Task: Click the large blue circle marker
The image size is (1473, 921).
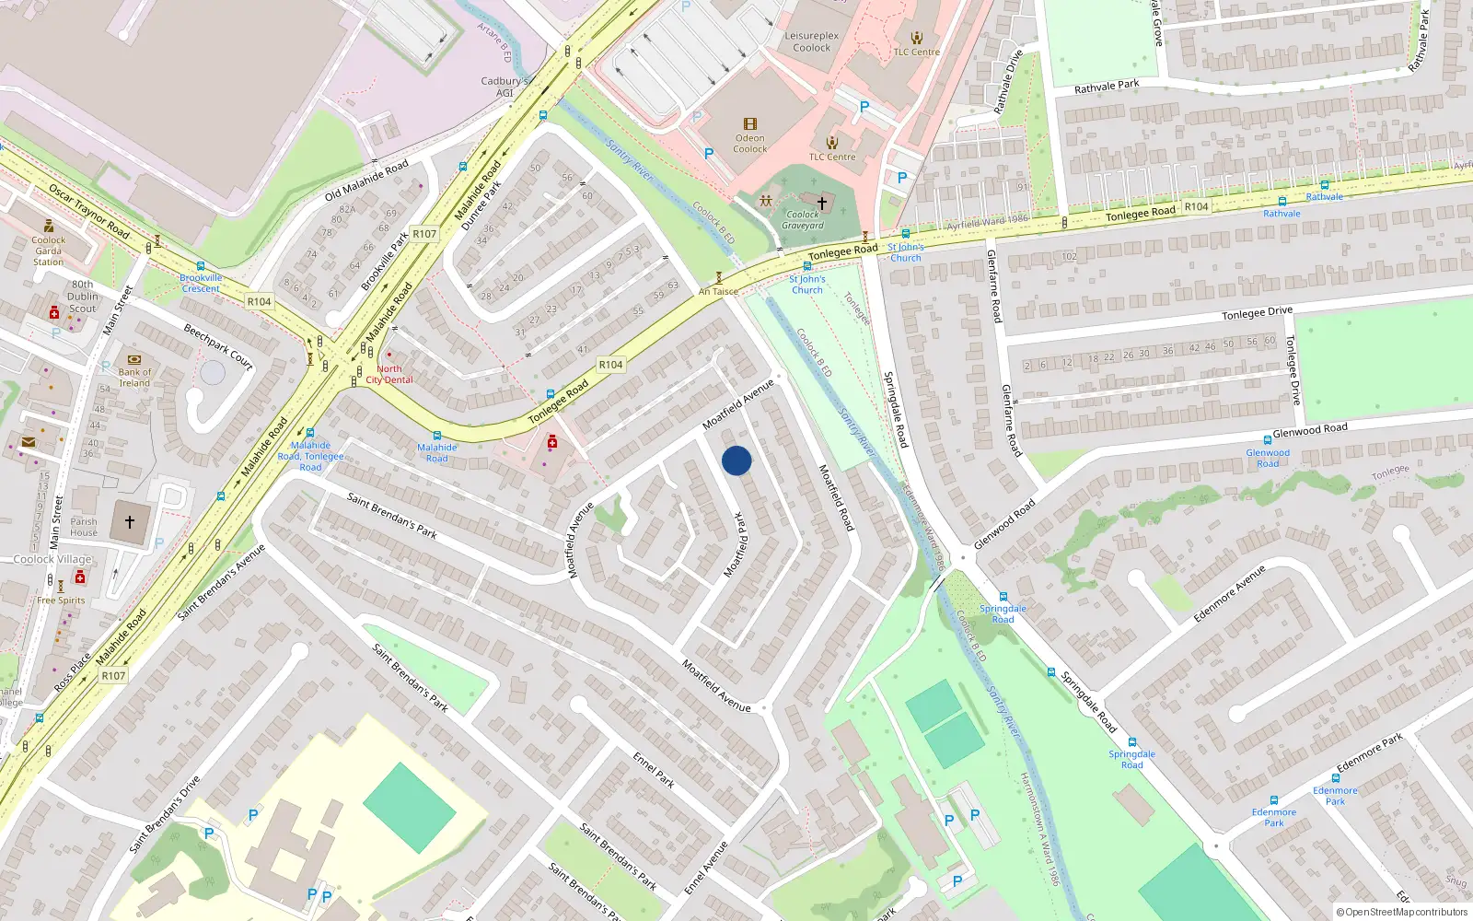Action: pos(736,460)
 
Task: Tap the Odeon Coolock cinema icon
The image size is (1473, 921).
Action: pos(750,124)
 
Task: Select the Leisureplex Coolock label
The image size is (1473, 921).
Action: pos(811,41)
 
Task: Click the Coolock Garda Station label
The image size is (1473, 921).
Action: pos(49,251)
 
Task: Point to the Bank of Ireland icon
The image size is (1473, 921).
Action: pos(134,360)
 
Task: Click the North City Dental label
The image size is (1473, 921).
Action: pos(389,374)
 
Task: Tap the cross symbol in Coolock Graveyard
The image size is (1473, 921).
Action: pos(822,203)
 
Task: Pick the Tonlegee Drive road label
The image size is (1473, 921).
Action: pos(1257,313)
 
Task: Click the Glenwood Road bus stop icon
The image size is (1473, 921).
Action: pos(1268,440)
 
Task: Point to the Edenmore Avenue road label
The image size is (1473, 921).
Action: pos(1229,594)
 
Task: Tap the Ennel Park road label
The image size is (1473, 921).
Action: pos(654,769)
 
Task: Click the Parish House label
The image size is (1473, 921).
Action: pos(83,527)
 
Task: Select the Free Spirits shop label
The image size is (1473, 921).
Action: pos(61,600)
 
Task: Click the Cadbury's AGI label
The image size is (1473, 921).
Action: pos(505,87)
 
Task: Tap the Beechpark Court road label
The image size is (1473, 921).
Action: pos(218,346)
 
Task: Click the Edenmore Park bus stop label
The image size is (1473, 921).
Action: pos(1335,796)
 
